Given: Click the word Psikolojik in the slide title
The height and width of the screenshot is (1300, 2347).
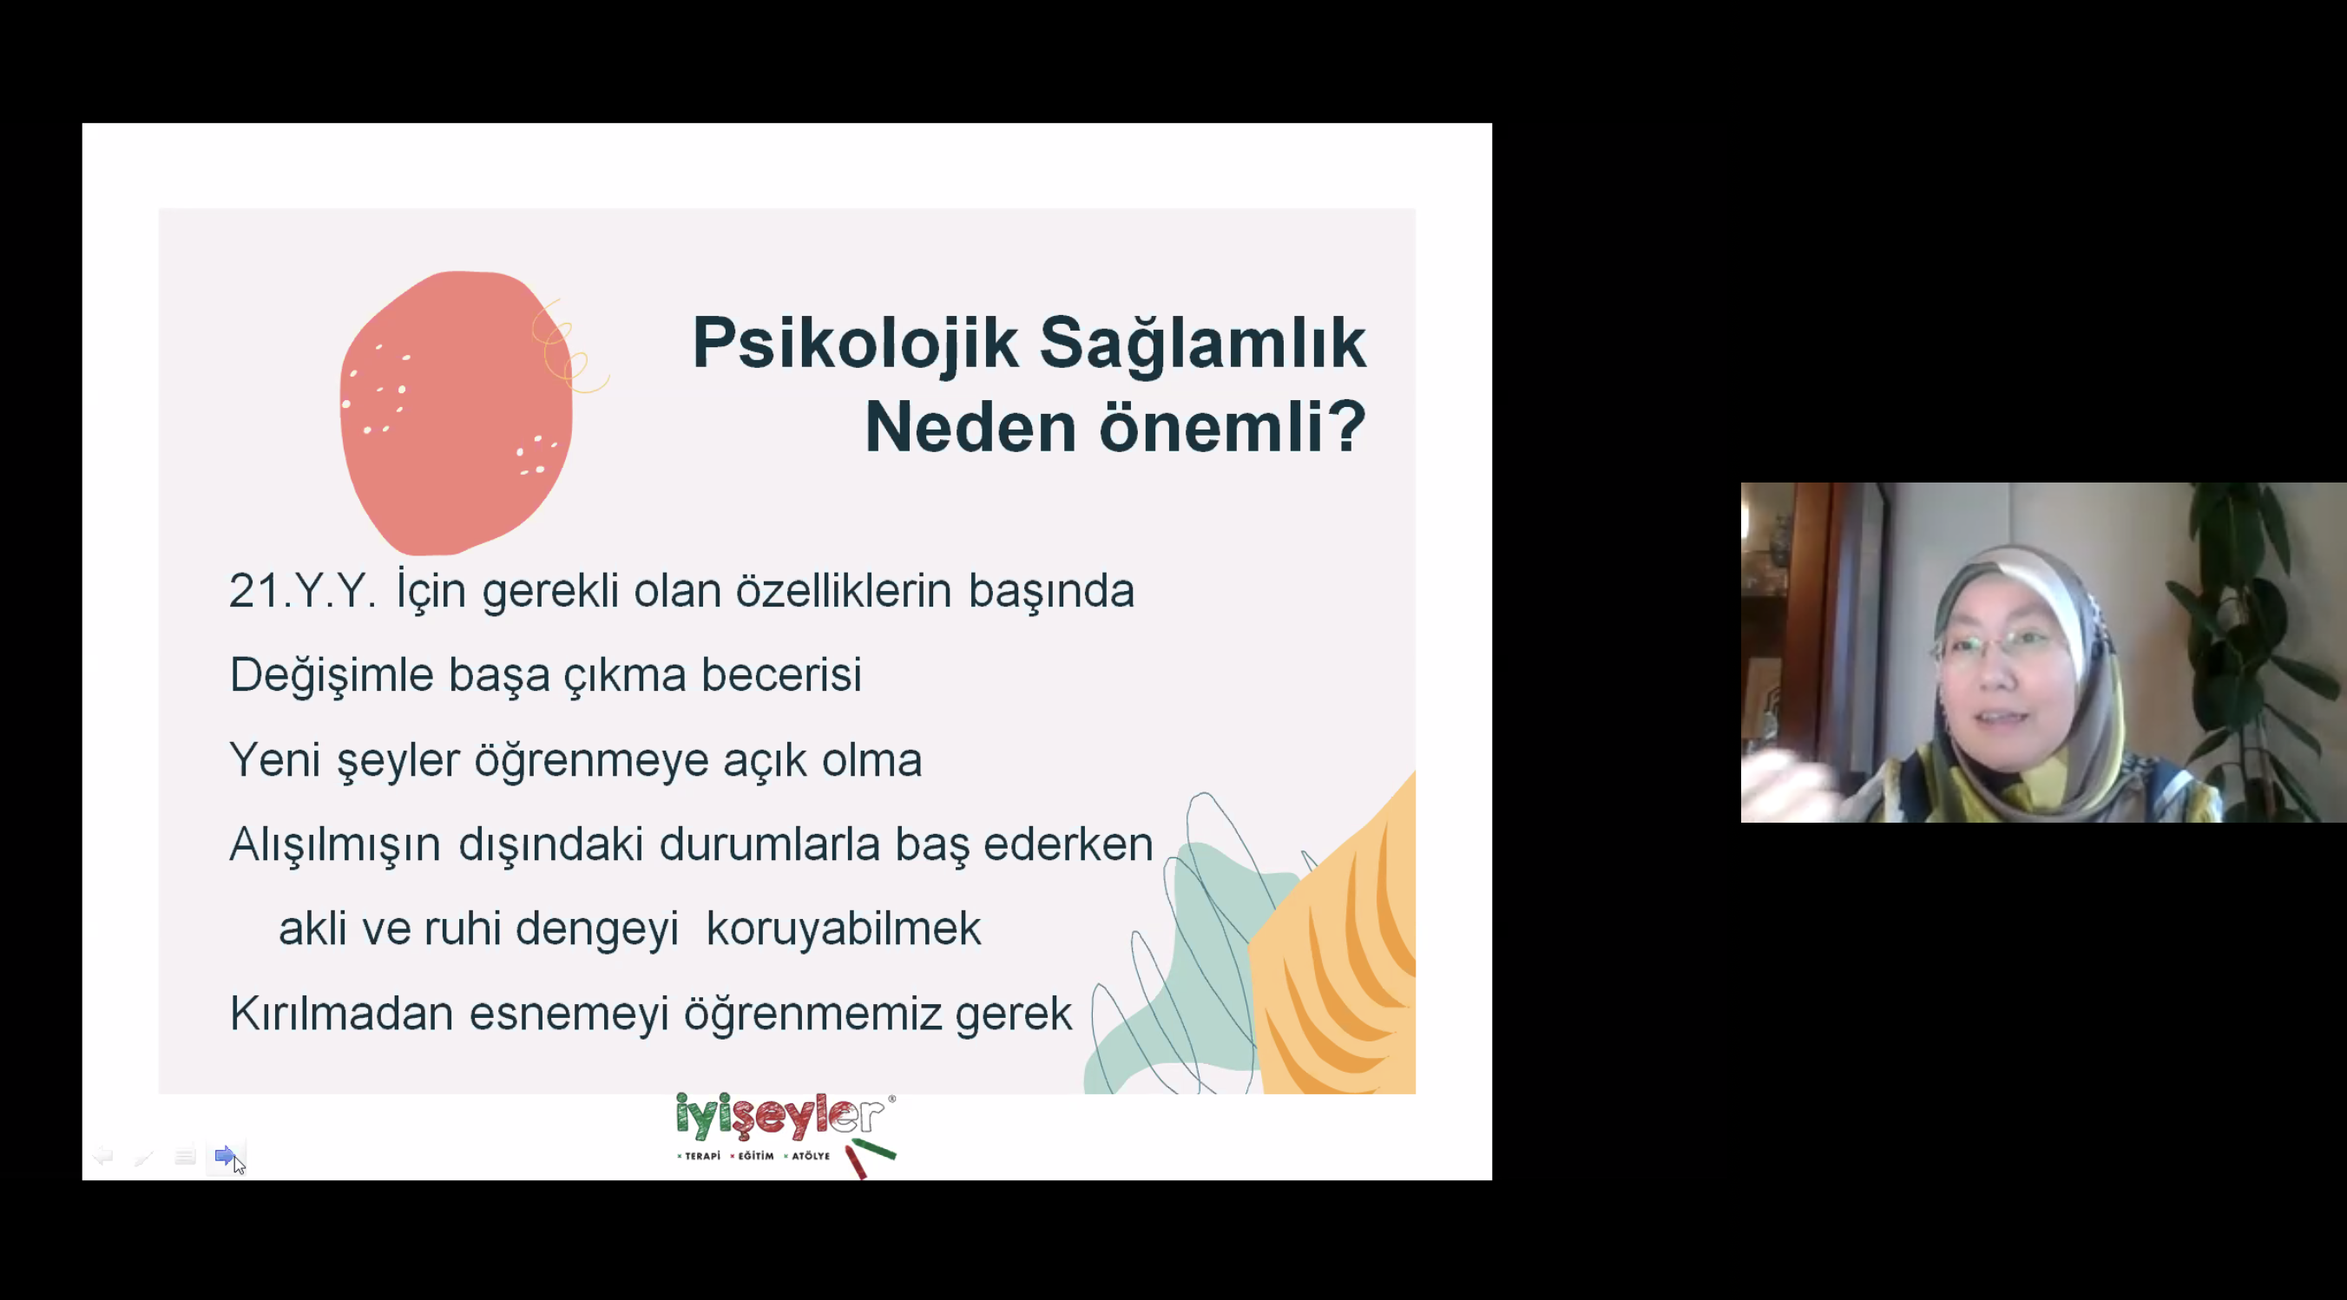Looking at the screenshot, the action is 855,344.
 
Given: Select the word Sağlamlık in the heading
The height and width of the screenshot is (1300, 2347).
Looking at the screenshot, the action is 1203,344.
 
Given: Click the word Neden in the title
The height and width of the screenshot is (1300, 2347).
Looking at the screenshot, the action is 970,425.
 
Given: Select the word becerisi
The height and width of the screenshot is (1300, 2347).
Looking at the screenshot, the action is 781,674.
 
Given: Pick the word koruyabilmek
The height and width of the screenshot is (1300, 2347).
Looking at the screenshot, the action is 844,929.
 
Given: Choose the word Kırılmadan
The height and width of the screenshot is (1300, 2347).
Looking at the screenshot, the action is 342,1013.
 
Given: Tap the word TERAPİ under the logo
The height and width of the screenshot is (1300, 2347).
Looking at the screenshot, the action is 701,1156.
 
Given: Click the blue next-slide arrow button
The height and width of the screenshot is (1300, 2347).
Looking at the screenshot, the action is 224,1155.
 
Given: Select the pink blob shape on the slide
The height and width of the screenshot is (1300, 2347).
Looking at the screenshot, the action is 456,411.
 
